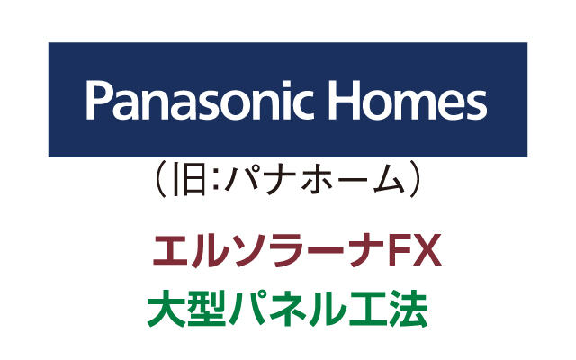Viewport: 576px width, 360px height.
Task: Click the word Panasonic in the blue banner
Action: [x=200, y=100]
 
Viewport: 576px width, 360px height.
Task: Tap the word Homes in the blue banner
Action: [x=407, y=100]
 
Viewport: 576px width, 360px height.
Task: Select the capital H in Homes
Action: [x=343, y=100]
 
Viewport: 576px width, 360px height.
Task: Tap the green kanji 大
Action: [x=166, y=309]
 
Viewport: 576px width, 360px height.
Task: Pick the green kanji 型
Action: [x=206, y=309]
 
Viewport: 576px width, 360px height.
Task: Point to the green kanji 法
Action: [x=408, y=309]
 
